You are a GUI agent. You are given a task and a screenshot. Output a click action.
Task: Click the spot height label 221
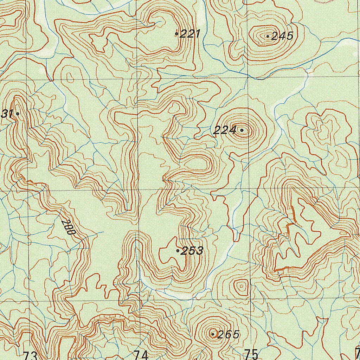pyautogui.click(x=190, y=34)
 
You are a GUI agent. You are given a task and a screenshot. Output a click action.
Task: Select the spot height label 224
pyautogui.click(x=225, y=130)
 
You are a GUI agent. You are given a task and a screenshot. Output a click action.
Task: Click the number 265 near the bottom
pyautogui.click(x=228, y=334)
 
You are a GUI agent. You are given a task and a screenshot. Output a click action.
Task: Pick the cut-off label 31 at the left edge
pyautogui.click(x=7, y=114)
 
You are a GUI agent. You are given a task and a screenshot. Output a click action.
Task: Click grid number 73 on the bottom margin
pyautogui.click(x=30, y=355)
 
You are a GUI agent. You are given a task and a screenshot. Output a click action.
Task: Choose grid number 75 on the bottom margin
pyautogui.click(x=251, y=354)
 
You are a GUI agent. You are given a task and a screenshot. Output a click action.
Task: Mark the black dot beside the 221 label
pyautogui.click(x=176, y=34)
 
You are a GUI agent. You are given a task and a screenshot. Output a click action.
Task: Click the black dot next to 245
pyautogui.click(x=268, y=36)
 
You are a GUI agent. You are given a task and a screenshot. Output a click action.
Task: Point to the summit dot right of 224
pyautogui.click(x=242, y=130)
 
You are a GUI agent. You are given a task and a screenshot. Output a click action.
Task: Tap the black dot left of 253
pyautogui.click(x=178, y=251)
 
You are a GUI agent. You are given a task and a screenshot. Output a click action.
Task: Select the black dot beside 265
pyautogui.click(x=213, y=334)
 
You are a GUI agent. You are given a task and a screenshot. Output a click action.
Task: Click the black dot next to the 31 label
pyautogui.click(x=17, y=114)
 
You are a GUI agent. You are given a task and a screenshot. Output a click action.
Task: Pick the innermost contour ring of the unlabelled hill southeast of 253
pyautogui.click(x=241, y=286)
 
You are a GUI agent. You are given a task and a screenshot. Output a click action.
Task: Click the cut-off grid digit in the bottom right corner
pyautogui.click(x=358, y=353)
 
